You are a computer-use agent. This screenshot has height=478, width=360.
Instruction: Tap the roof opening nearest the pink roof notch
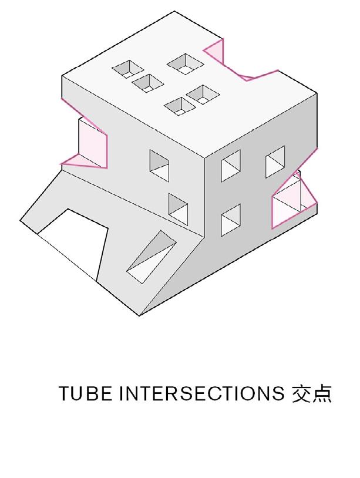(x=186, y=63)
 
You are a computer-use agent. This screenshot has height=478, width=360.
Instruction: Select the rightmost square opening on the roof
(x=203, y=93)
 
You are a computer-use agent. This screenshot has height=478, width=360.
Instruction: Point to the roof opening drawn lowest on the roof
(x=179, y=106)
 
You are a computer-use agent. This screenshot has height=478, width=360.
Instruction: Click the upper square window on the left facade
(x=160, y=165)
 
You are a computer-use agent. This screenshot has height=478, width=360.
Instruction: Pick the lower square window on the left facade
(x=179, y=206)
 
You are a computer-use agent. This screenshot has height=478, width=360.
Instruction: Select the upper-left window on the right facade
(x=230, y=166)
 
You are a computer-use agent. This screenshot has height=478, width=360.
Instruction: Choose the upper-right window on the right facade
(x=274, y=163)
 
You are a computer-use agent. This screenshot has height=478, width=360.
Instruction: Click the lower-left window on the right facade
(x=231, y=220)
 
